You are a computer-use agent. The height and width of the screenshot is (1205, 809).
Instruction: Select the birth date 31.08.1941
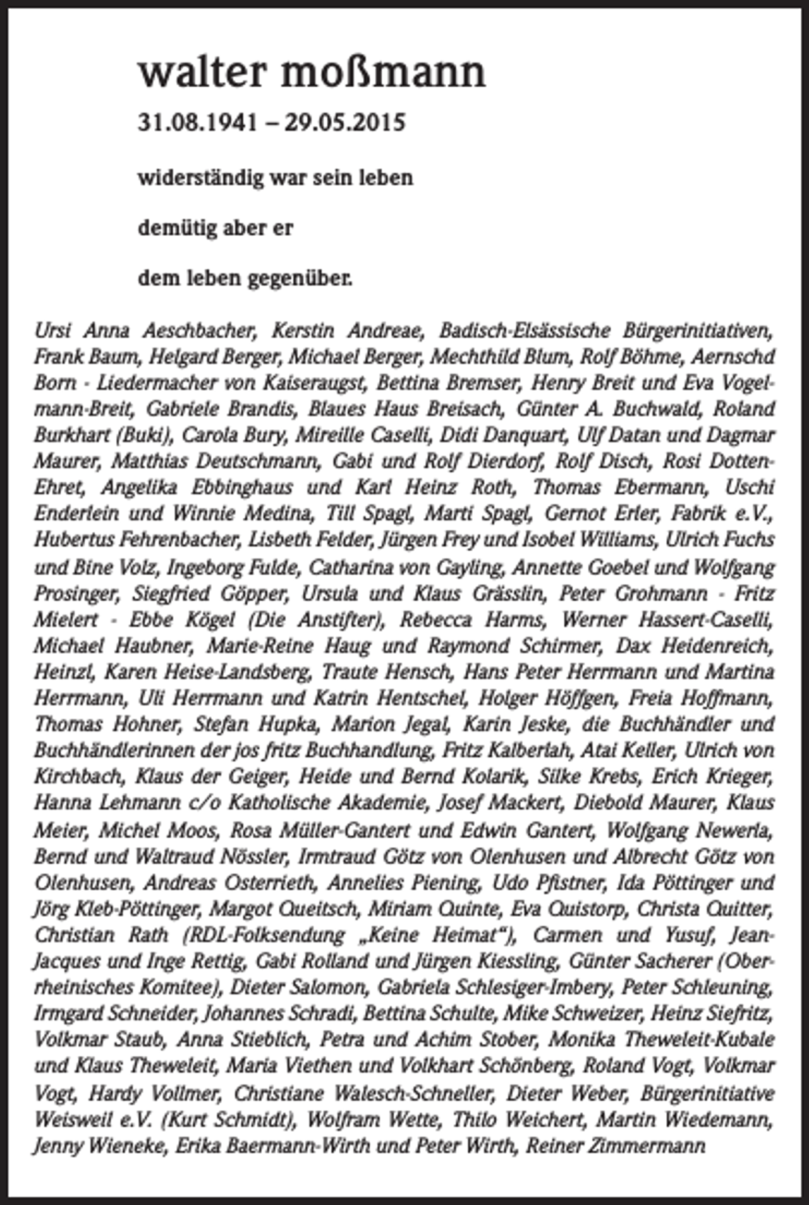198,122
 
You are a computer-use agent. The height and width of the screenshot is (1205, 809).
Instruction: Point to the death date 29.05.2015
344,122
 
